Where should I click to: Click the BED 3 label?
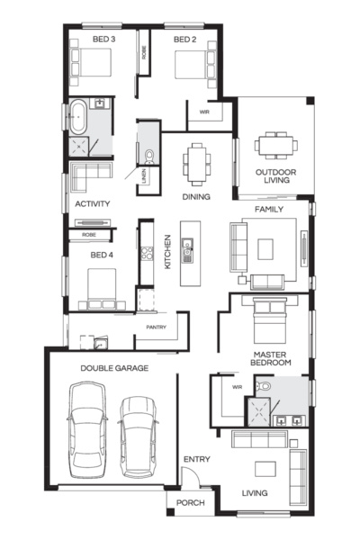(104, 40)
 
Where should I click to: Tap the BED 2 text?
(184, 40)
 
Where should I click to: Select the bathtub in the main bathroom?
(78, 118)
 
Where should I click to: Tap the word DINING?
(195, 194)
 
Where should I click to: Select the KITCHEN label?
(166, 253)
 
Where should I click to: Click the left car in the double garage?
(88, 427)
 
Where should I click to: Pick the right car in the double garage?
(138, 436)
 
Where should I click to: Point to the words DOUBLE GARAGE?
(114, 368)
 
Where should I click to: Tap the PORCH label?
(190, 502)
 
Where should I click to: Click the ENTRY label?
(196, 460)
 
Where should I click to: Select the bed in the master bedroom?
(270, 314)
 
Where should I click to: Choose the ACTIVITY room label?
(93, 204)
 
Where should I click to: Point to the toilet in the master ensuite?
(262, 386)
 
